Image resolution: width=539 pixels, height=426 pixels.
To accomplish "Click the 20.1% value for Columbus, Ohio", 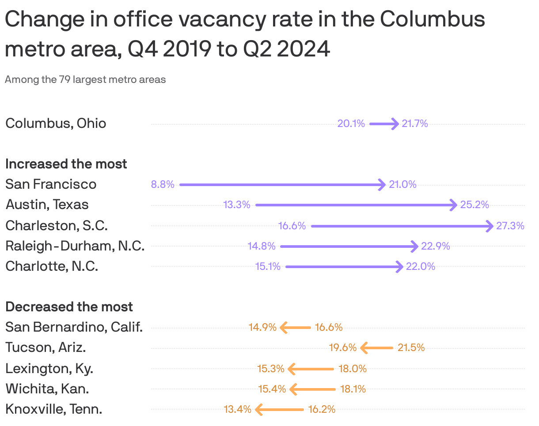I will [351, 124].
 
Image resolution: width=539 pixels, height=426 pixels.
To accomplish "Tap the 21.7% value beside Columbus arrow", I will [415, 124].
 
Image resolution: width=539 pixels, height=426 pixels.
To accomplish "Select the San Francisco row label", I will [51, 184].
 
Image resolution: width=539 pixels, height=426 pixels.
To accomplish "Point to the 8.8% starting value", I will [163, 185].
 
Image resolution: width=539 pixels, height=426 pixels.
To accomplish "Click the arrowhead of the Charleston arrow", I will [490, 226].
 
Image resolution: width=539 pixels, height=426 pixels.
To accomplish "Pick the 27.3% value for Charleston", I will [510, 226].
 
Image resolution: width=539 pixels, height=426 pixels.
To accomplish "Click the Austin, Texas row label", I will [47, 205].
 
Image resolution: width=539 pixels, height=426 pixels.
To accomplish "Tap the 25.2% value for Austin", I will [474, 205].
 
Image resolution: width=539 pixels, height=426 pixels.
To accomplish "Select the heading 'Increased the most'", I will [66, 164].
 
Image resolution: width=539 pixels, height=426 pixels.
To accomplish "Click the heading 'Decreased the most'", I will [69, 307].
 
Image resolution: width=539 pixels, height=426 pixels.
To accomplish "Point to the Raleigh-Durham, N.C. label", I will [75, 246].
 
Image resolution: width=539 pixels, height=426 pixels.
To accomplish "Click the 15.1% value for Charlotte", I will [268, 267].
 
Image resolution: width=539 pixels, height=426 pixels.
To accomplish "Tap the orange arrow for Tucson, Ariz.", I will [377, 348].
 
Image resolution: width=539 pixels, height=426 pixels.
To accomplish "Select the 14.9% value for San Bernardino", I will [262, 328].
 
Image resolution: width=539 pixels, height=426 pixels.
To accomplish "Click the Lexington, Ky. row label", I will [49, 368].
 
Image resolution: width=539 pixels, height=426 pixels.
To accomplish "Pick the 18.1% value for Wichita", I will [353, 389].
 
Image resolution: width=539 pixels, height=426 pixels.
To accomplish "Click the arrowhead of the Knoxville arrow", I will [259, 410].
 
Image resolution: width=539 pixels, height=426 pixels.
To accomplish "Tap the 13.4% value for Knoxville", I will [238, 410].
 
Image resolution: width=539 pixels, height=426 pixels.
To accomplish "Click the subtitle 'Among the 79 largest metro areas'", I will [85, 80].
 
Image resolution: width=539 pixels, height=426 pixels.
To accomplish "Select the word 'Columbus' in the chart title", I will [433, 20].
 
